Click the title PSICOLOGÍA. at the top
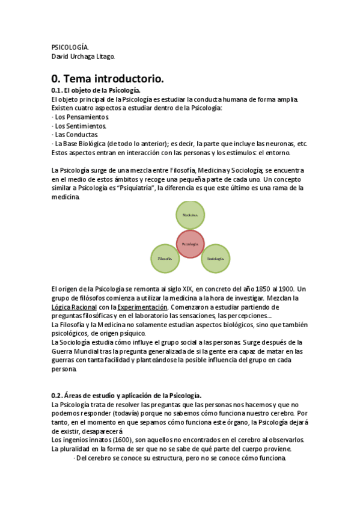[x=70, y=47]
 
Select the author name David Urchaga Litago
[x=83, y=57]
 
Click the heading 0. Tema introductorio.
[x=108, y=78]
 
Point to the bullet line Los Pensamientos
[x=81, y=117]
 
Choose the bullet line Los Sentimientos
[x=81, y=126]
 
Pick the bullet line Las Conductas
[x=76, y=135]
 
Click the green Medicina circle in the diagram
[x=191, y=215]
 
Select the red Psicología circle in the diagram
[x=191, y=244]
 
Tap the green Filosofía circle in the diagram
[x=165, y=259]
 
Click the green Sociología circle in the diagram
[x=216, y=259]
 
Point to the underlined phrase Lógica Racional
[x=75, y=307]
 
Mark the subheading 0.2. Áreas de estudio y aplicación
[x=126, y=395]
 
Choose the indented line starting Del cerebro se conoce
[x=180, y=458]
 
